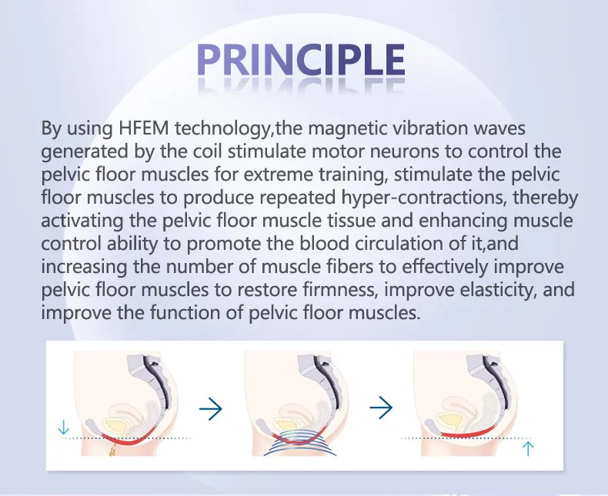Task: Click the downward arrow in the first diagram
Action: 64,425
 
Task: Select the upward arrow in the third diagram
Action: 528,448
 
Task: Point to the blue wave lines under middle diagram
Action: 296,445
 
